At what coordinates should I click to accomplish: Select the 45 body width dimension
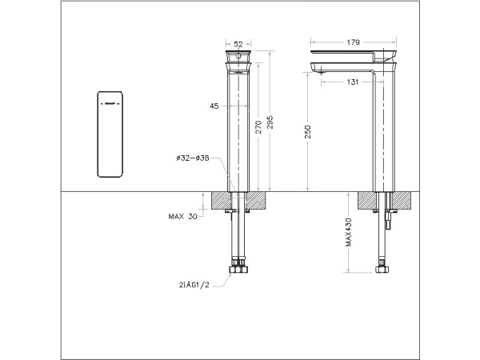214,106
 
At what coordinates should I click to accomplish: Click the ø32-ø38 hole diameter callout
193,158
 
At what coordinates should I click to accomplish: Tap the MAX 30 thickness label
182,216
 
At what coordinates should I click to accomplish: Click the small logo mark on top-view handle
108,103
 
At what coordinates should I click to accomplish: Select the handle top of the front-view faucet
239,58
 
